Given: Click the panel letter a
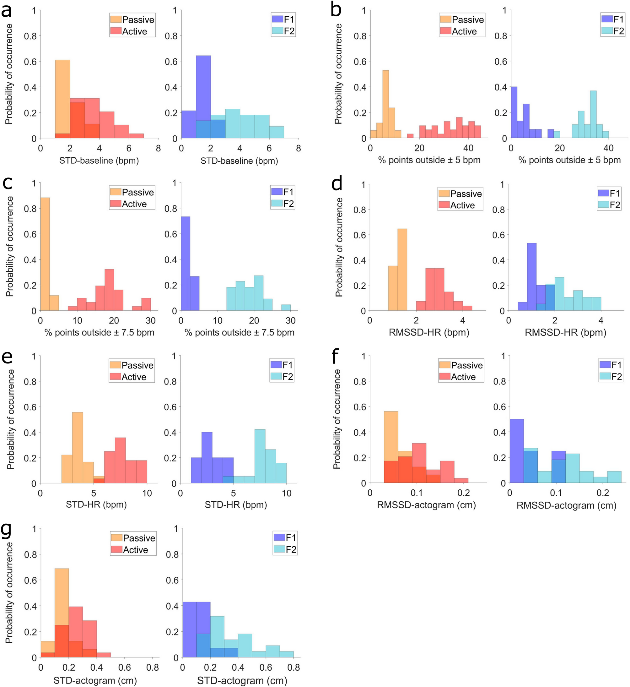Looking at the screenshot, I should [x=7, y=11].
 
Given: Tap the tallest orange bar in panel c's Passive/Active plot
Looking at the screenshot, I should [x=45, y=254].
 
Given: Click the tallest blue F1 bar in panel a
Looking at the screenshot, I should [x=203, y=97].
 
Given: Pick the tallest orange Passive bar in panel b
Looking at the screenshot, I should [x=385, y=104].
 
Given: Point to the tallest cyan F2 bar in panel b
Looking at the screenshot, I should [x=593, y=114].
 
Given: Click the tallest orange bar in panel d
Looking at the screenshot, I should [x=402, y=270].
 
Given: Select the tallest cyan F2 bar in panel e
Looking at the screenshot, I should [x=260, y=456].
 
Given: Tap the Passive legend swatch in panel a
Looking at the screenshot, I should [x=116, y=19].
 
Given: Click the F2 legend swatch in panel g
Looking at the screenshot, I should [x=279, y=549].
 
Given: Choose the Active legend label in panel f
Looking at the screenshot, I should [x=463, y=377].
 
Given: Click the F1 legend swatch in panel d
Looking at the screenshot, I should [x=603, y=193].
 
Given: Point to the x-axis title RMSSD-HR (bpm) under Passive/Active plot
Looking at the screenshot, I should [x=429, y=332].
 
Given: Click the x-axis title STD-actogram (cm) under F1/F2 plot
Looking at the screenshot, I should [x=242, y=680].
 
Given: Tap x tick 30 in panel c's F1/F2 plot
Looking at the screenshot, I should [x=290, y=321].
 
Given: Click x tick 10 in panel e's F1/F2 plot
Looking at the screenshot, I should [x=286, y=493].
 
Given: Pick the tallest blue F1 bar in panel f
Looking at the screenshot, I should [x=517, y=451].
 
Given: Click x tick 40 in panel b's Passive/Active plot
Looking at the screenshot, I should [x=468, y=148].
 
